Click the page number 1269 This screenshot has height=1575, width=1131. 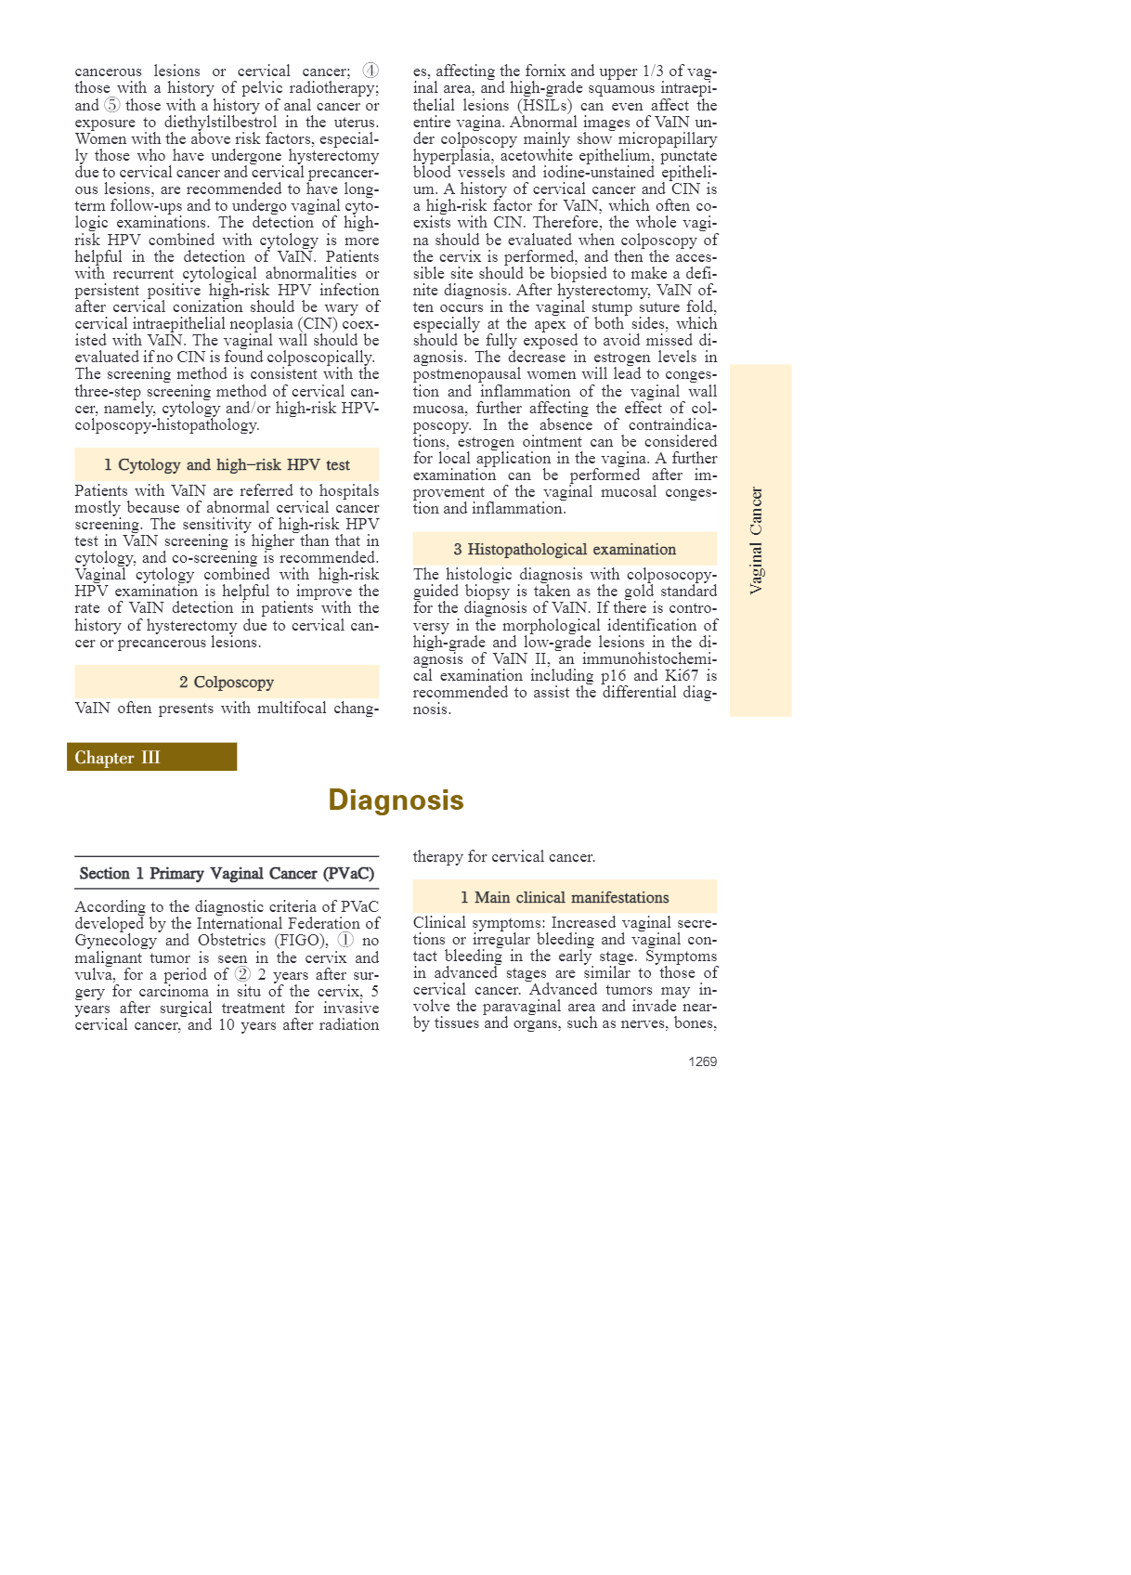tap(702, 1061)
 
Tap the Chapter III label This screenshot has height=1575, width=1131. tap(118, 758)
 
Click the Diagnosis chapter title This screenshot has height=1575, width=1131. tap(396, 800)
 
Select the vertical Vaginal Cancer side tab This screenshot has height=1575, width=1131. tap(757, 540)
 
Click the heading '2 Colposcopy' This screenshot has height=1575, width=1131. tap(227, 683)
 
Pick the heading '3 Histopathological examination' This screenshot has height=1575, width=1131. tap(565, 550)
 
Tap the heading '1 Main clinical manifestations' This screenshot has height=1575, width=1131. tap(565, 898)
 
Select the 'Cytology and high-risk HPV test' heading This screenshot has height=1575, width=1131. tap(227, 465)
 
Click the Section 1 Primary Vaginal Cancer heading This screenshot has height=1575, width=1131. tap(227, 874)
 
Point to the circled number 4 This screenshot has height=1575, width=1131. tap(370, 71)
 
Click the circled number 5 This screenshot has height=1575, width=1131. tap(111, 105)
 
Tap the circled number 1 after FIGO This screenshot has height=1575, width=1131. tap(345, 941)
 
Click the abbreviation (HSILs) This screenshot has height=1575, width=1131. tap(544, 105)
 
